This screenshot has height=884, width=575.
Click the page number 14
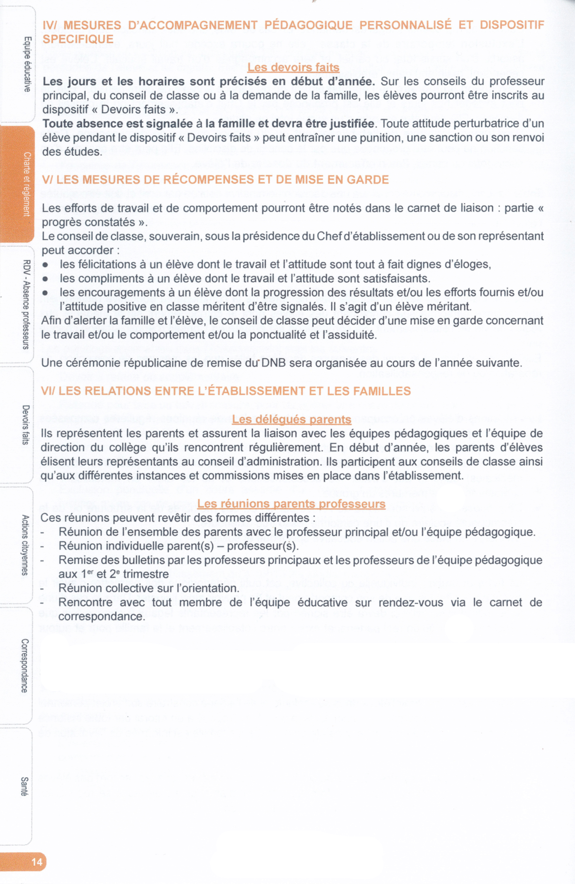point(37,862)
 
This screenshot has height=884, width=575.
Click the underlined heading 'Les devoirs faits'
point(293,67)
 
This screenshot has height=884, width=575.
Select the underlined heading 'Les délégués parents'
point(291,419)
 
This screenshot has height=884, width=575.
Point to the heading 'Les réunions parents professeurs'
point(291,504)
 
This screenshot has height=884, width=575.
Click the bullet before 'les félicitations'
point(45,265)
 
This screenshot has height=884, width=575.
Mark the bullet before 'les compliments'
point(45,279)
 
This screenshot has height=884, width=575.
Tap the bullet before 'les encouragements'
point(45,293)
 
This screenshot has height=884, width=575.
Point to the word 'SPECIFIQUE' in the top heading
point(78,39)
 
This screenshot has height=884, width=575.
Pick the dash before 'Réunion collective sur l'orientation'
point(43,589)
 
